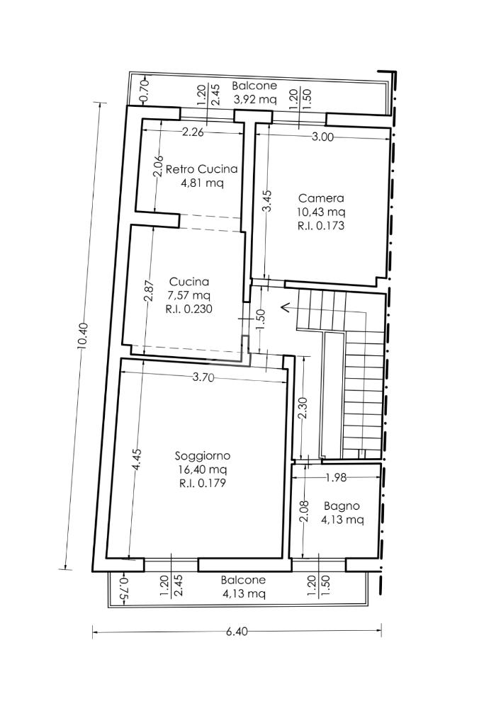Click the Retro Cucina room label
(x=201, y=169)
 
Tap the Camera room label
(x=321, y=198)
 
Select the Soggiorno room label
(x=202, y=455)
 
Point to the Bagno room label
(x=342, y=506)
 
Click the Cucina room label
(x=188, y=282)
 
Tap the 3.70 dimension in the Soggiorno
(x=203, y=378)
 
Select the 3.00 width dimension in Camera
(x=322, y=137)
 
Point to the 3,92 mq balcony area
(x=254, y=99)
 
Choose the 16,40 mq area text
(x=203, y=470)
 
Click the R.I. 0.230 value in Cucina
(x=188, y=309)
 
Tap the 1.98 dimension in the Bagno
(x=335, y=478)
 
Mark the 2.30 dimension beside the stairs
(x=303, y=409)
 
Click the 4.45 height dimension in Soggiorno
(x=137, y=460)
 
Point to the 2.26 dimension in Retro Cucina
(x=193, y=132)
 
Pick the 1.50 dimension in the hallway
(x=261, y=319)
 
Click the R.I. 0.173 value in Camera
(x=321, y=226)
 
